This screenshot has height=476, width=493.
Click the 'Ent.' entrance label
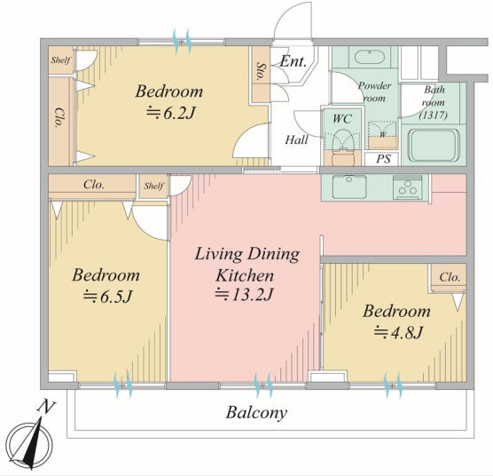pyautogui.click(x=293, y=61)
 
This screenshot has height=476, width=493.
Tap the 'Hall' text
pyautogui.click(x=296, y=139)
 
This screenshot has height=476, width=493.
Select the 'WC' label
pyautogui.click(x=342, y=119)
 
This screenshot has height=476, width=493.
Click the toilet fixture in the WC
pyautogui.click(x=343, y=140)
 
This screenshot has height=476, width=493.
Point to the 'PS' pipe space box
pyautogui.click(x=383, y=159)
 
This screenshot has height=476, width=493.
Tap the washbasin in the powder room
pyautogui.click(x=370, y=57)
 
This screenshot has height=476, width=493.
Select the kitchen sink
pyautogui.click(x=349, y=187)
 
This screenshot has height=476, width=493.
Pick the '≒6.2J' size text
pyautogui.click(x=171, y=114)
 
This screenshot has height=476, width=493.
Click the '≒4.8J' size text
pyautogui.click(x=398, y=332)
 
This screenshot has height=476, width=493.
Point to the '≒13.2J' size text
pyautogui.click(x=245, y=295)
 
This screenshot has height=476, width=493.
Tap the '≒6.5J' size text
pyautogui.click(x=107, y=297)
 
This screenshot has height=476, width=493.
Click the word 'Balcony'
pyautogui.click(x=256, y=412)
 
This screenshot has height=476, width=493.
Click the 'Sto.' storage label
pyautogui.click(x=261, y=72)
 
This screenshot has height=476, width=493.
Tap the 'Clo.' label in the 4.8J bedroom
pyautogui.click(x=450, y=277)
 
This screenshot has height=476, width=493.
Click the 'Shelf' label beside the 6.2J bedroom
pyautogui.click(x=60, y=60)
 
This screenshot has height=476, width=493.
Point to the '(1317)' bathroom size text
pyautogui.click(x=434, y=115)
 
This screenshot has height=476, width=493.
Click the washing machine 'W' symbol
pyautogui.click(x=383, y=135)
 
